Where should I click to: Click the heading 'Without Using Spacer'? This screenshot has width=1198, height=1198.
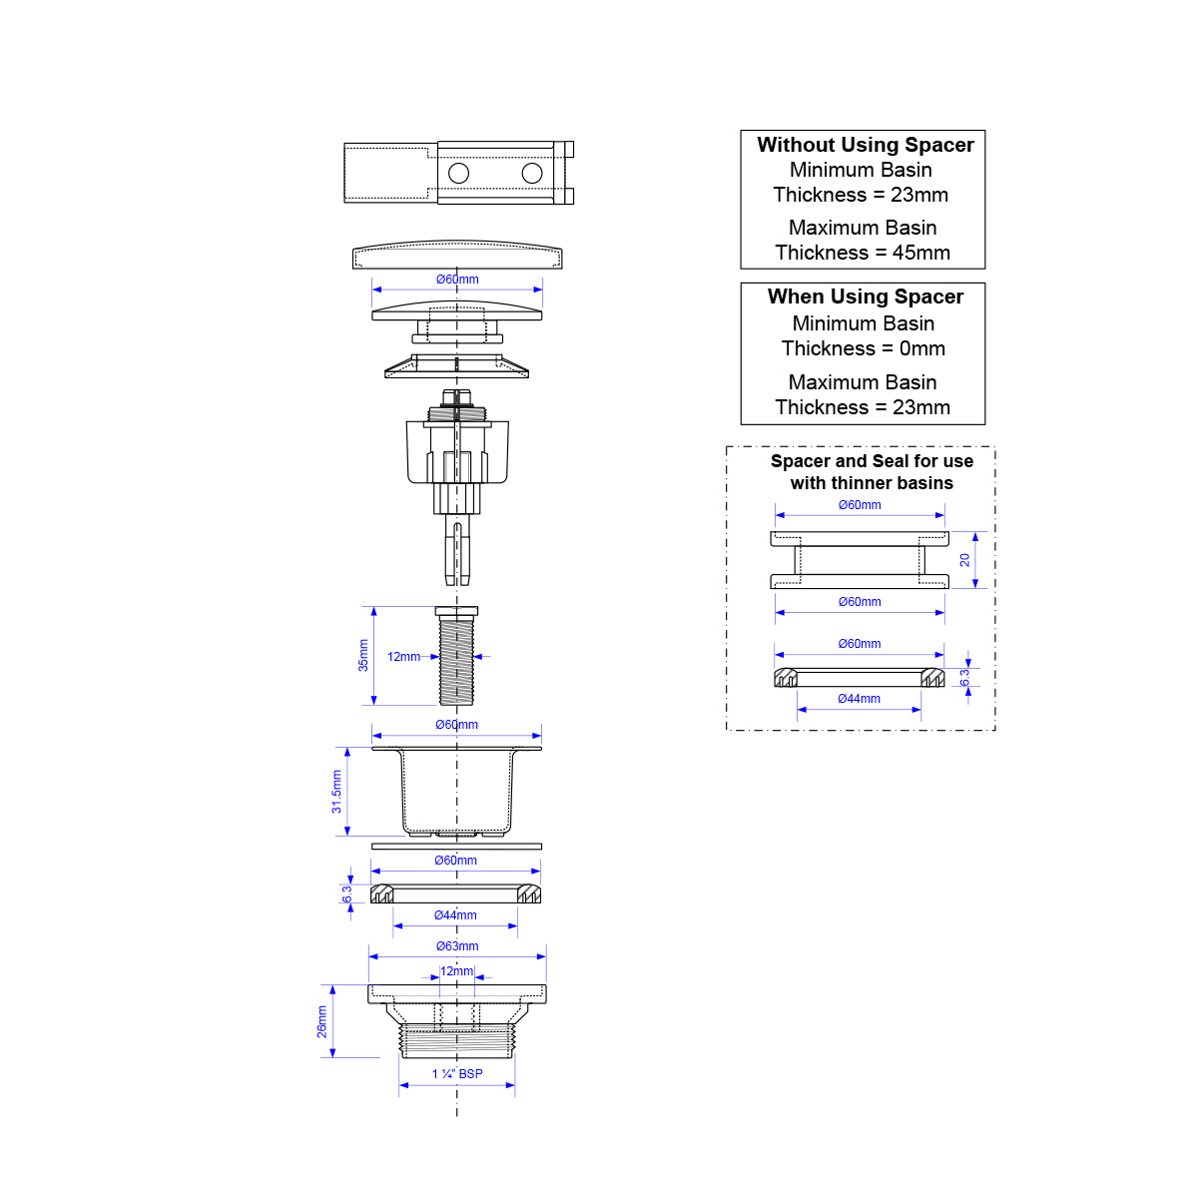(865, 145)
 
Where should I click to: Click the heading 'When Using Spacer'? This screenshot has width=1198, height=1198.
(865, 297)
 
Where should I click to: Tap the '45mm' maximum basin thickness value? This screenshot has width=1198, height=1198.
(920, 253)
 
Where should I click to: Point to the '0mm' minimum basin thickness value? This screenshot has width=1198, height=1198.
(922, 348)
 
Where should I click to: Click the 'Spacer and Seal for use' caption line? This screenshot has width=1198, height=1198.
(872, 460)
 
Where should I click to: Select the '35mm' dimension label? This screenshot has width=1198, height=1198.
(363, 655)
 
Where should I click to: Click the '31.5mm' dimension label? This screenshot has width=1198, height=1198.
(336, 792)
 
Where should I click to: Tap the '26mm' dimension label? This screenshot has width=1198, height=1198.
(321, 1021)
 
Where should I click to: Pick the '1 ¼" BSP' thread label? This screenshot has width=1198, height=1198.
(457, 1073)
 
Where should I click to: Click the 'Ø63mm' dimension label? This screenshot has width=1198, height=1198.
(457, 946)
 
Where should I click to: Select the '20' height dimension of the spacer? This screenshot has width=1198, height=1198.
(964, 559)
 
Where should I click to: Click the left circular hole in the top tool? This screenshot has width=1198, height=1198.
(459, 173)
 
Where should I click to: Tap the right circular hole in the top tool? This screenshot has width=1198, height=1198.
(532, 173)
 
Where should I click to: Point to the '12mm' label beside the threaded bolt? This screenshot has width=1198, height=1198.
(403, 657)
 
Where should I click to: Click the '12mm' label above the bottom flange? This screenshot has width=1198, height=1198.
(457, 971)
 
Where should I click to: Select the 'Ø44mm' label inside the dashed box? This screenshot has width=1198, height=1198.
(859, 698)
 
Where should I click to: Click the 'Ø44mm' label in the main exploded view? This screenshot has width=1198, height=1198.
(455, 915)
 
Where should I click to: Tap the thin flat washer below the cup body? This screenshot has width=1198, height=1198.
(456, 847)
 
